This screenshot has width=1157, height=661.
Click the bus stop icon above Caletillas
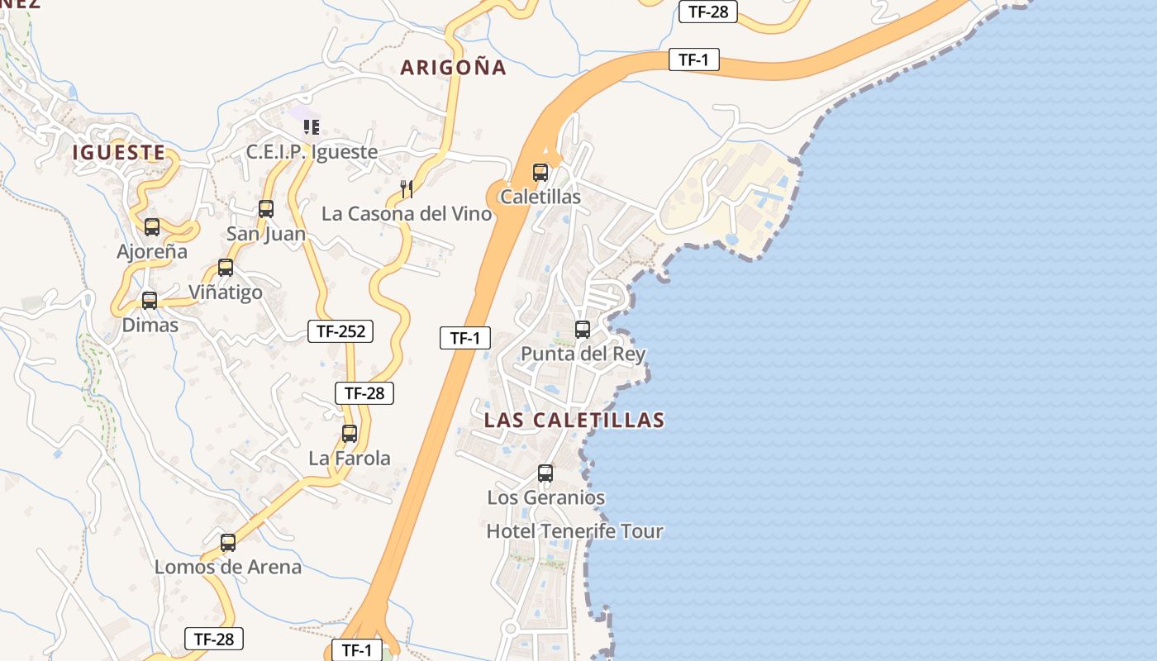point(540,173)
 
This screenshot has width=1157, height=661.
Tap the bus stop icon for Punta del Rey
point(583,330)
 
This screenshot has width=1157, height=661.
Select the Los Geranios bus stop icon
point(545,473)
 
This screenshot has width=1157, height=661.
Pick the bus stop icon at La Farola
point(350,434)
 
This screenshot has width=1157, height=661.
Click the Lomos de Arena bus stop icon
point(228,543)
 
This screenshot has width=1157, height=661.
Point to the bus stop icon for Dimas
point(150,301)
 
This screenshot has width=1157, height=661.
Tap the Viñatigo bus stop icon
point(226,268)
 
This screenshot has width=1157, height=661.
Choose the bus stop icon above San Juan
point(266,209)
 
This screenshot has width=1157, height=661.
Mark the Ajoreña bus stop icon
point(152,227)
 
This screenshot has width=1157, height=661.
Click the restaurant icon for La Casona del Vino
point(407,189)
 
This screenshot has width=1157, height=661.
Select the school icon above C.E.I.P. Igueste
point(312,127)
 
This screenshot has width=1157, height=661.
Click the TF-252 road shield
point(340,331)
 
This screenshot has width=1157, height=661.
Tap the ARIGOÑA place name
point(453,68)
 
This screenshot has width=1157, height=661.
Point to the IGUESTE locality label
point(119,153)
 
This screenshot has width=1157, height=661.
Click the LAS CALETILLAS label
point(574,420)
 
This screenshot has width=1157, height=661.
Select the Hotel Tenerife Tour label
point(574,531)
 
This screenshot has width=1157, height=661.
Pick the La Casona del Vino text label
point(407,214)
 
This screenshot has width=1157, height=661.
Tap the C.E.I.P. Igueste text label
point(312,152)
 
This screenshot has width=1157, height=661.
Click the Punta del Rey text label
point(583,354)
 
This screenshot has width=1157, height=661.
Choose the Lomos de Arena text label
point(228,568)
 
